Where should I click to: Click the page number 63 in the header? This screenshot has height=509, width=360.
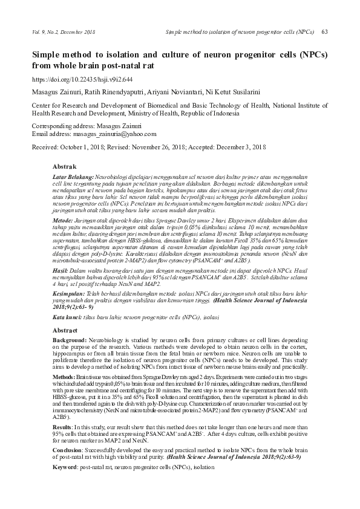pyautogui.click(x=324, y=31)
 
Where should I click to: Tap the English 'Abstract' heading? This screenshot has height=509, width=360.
pyautogui.click(x=66, y=331)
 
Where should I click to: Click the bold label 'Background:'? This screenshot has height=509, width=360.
pyautogui.click(x=70, y=342)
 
